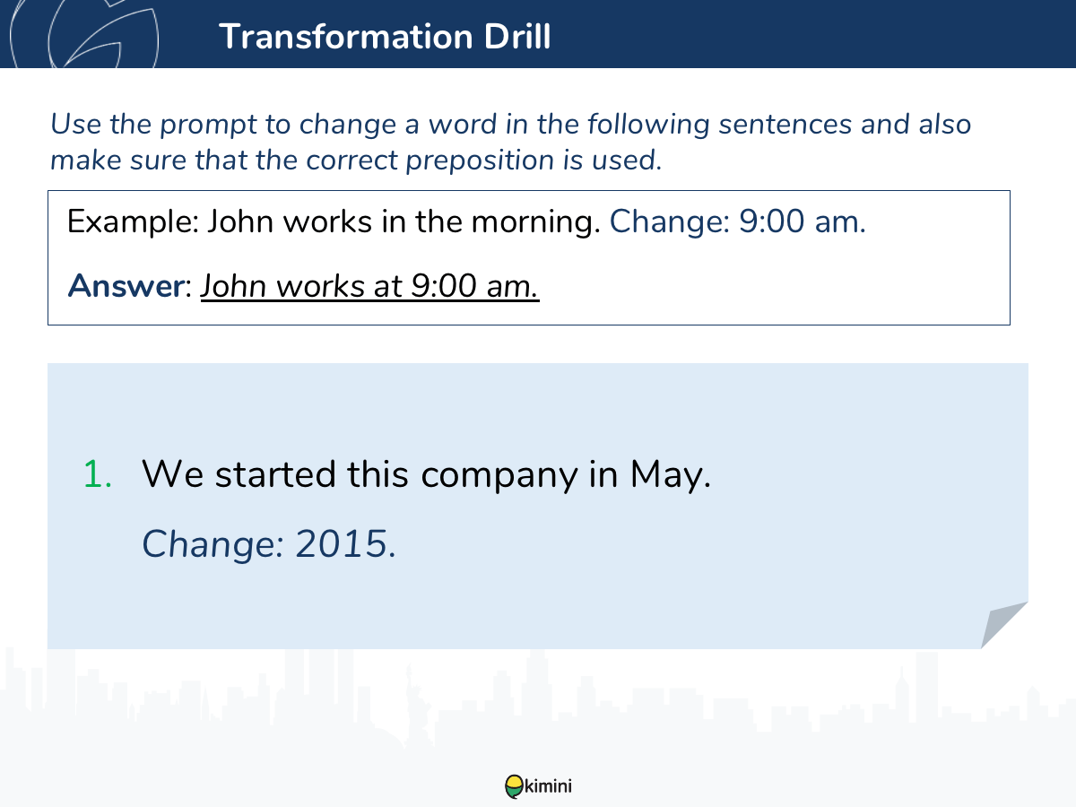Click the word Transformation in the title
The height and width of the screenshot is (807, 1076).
(x=345, y=36)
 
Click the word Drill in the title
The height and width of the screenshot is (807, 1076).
(x=517, y=36)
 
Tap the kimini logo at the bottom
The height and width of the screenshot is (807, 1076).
(x=538, y=786)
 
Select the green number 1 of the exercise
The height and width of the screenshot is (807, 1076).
(x=97, y=474)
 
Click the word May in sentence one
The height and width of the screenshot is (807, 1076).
(x=670, y=475)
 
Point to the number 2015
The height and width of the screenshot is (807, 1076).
(x=345, y=544)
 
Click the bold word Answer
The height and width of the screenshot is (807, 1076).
(x=126, y=286)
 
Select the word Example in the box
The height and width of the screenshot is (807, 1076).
(x=133, y=222)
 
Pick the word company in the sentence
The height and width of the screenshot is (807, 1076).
(x=499, y=476)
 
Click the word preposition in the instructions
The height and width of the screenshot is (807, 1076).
(x=480, y=161)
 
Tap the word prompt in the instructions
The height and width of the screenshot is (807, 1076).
(x=208, y=125)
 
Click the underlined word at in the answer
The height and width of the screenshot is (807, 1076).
(x=387, y=286)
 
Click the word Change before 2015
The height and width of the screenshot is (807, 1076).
(x=213, y=545)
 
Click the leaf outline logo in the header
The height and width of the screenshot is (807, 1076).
(x=84, y=33)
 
